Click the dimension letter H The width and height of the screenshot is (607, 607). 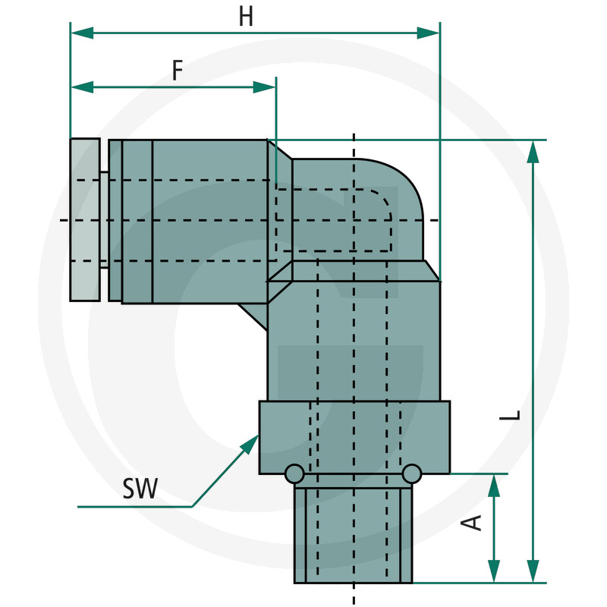tap(245, 17)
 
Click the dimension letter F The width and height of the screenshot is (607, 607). tap(177, 71)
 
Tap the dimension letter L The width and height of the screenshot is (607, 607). tap(514, 415)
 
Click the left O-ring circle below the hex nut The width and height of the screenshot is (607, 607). tap(294, 474)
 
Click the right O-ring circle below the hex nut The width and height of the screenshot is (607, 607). tap(412, 474)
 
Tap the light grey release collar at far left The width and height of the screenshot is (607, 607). tap(84, 220)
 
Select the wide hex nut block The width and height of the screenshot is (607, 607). tap(354, 438)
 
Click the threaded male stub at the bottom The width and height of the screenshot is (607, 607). tap(354, 535)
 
